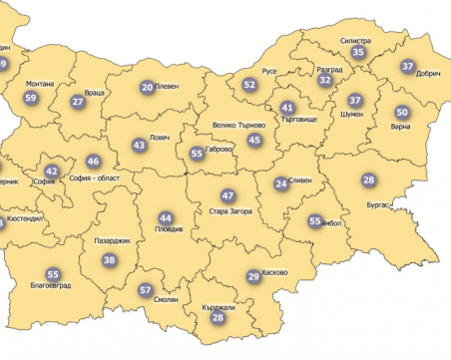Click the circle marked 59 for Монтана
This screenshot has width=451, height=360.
[31, 98]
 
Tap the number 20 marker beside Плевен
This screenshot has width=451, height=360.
[147, 89]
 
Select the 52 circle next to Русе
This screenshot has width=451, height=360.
[249, 86]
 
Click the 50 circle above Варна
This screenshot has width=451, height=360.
[401, 113]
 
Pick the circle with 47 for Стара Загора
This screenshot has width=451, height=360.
[228, 196]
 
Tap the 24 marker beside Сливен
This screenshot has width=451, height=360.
[281, 183]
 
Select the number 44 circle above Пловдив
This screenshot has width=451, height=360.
[166, 218]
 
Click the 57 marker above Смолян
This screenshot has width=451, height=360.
[146, 292]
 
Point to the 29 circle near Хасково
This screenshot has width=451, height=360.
[253, 276]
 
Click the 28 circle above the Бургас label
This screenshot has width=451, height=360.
[368, 180]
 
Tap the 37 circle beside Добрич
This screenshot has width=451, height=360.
[407, 67]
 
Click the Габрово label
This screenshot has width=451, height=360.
[219, 149]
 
